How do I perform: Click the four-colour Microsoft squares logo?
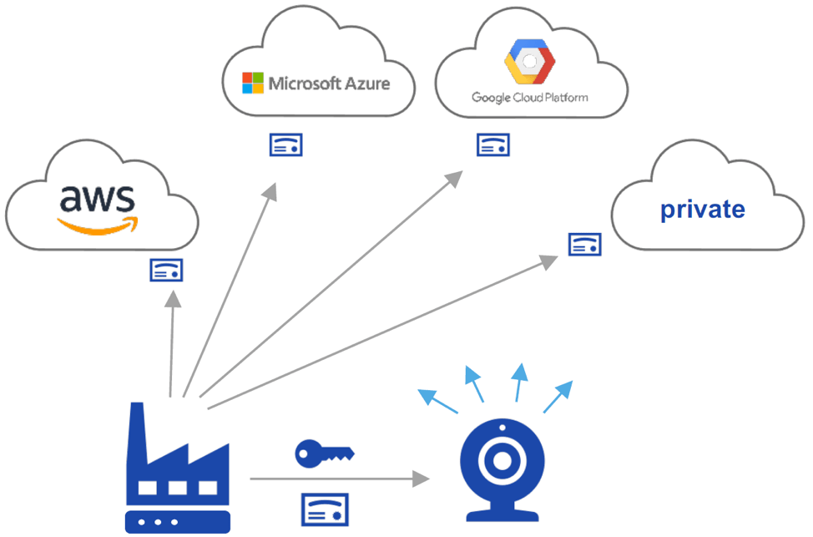click(252, 83)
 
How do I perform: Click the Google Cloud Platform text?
click(529, 98)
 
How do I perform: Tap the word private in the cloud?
click(702, 209)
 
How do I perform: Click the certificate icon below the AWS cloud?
click(166, 270)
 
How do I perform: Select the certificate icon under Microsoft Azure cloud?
click(285, 144)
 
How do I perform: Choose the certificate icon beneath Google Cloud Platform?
click(493, 144)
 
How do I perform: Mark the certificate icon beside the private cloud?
click(585, 244)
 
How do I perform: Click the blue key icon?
click(324, 453)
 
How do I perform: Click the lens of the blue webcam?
click(502, 460)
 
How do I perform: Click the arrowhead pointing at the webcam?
click(421, 479)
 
